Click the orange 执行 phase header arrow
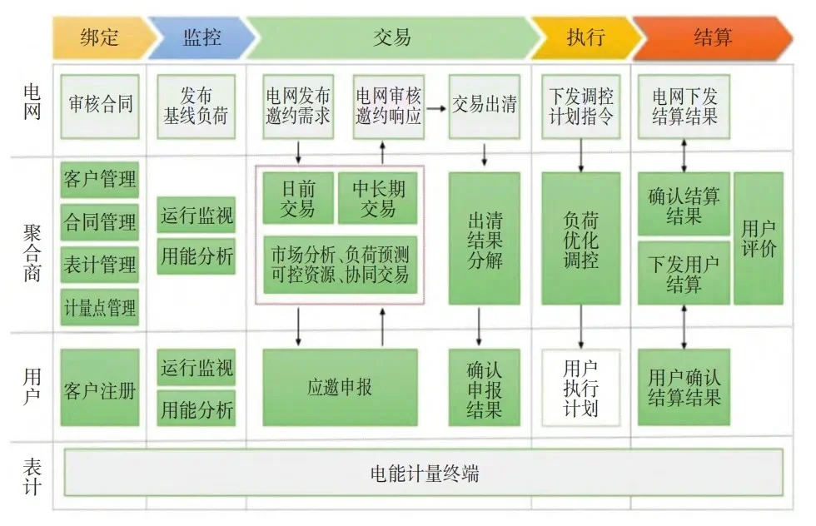(585, 37)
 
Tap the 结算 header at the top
(713, 37)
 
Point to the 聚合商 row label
(32, 246)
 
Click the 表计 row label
(32, 476)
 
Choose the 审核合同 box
(101, 106)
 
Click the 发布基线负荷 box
(197, 106)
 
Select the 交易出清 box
(484, 106)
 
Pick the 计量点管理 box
(101, 308)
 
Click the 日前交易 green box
(298, 198)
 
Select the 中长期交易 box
(378, 198)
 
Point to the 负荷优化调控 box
(581, 239)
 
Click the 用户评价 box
(759, 239)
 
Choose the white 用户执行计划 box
(581, 388)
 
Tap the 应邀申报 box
(340, 388)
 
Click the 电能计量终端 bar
(424, 474)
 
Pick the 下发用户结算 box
(684, 274)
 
